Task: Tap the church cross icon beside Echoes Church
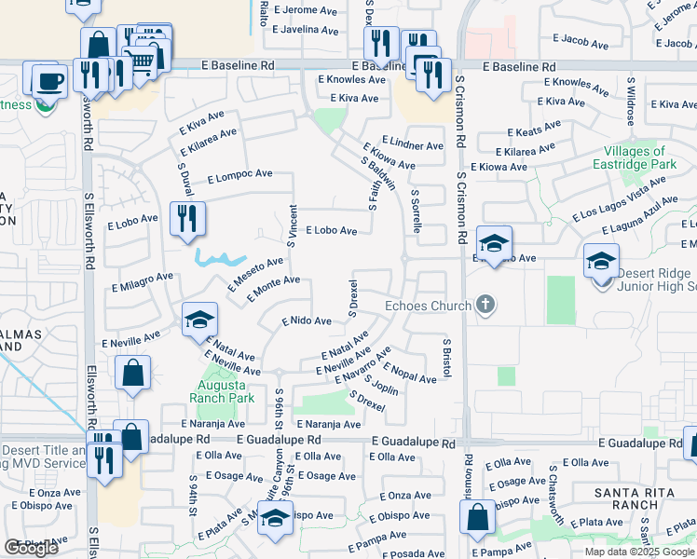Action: click(x=484, y=304)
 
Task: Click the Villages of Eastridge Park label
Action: click(x=635, y=157)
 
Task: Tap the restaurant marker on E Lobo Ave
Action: click(x=187, y=220)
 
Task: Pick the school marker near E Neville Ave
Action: click(x=198, y=320)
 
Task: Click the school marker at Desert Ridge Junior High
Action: click(x=602, y=260)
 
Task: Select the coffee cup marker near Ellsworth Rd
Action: click(x=48, y=81)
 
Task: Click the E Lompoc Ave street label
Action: click(x=239, y=174)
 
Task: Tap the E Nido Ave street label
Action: click(x=307, y=320)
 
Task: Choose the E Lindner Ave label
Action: click(x=413, y=145)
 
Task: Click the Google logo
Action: click(x=31, y=548)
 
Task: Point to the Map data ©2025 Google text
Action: click(x=639, y=552)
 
